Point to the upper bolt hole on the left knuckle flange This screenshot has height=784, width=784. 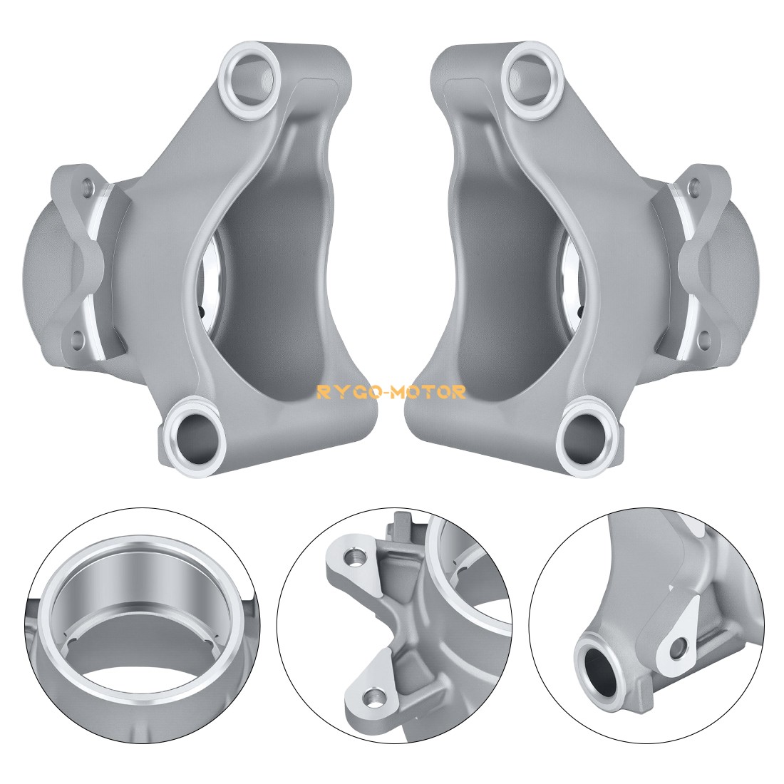coord(87,187)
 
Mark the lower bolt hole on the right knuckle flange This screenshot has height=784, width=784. coord(705,339)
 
